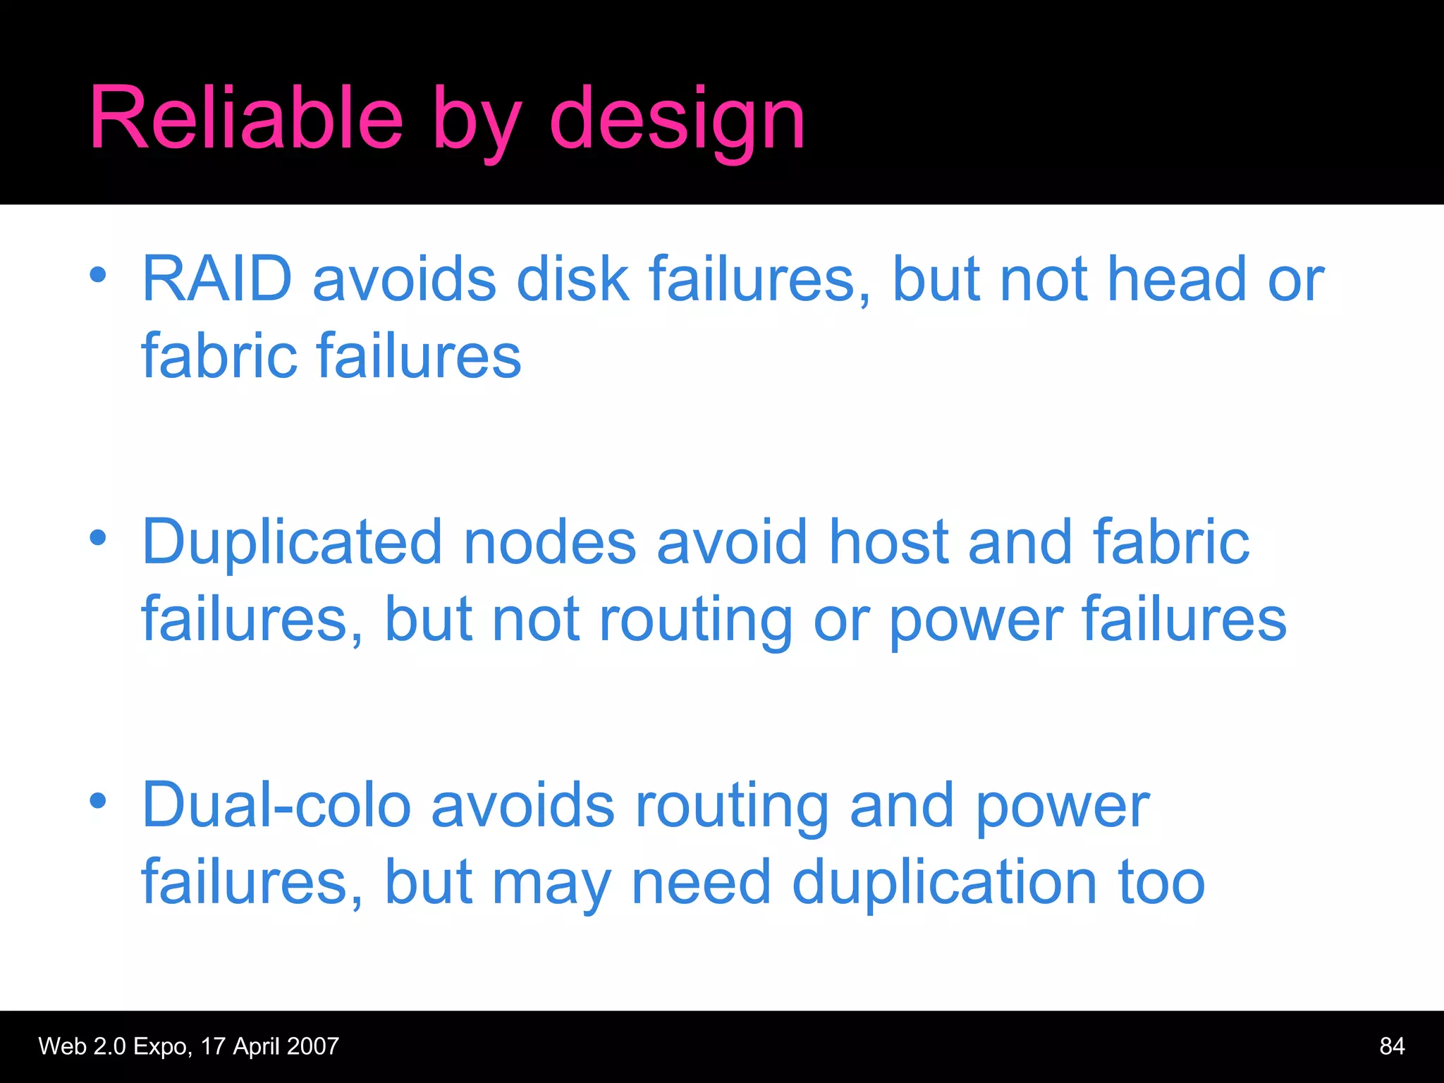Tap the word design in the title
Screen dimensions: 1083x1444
677,120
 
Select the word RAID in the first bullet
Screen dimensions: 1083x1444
217,279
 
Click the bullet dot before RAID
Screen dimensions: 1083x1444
98,275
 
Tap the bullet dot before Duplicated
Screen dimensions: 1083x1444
98,538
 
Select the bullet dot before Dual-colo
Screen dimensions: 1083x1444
98,801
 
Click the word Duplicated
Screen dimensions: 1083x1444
292,543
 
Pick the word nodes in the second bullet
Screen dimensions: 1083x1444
550,543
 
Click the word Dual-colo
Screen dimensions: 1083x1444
276,806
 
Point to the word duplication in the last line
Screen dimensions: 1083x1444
944,883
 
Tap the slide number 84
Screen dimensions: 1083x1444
1392,1046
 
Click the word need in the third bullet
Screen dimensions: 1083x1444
701,883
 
